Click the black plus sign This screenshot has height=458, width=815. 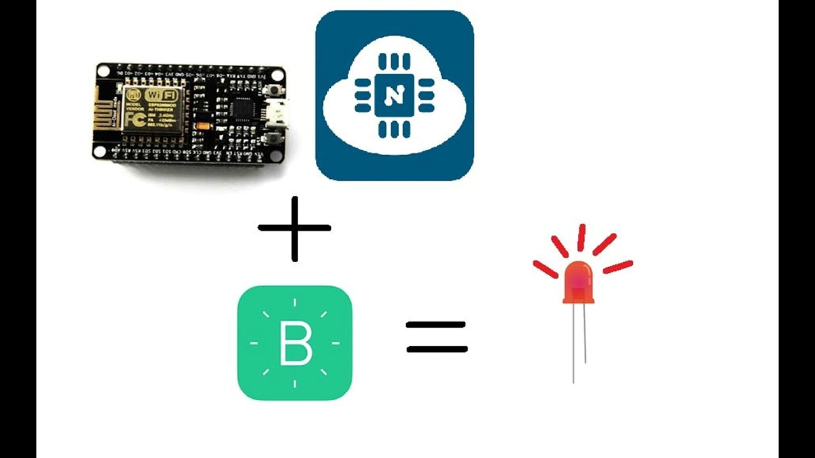pos(294,228)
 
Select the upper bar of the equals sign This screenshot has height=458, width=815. pos(436,325)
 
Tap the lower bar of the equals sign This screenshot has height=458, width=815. pos(437,349)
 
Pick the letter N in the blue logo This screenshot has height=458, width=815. pos(395,95)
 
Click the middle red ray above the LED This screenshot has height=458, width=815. pos(581,237)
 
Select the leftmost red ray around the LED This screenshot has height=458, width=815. pos(545,269)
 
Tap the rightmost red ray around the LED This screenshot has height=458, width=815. pos(618,267)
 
